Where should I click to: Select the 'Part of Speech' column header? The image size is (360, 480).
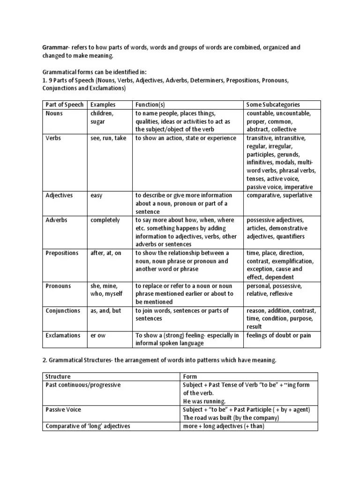pos(63,105)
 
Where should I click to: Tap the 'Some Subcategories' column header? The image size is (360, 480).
pos(273,105)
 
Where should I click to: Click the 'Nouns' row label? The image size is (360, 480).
pos(54,113)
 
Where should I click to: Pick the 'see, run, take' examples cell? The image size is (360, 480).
pos(108,138)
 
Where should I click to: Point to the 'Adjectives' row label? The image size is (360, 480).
pos(59,195)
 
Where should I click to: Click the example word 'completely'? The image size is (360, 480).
pos(105,220)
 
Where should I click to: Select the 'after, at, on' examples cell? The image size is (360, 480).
pos(105,253)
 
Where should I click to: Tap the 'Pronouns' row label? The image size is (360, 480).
pos(58,286)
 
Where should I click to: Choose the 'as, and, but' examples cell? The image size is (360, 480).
pos(105,311)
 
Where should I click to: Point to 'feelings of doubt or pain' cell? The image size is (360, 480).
pos(278,336)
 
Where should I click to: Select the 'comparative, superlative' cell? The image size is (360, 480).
pos(279,195)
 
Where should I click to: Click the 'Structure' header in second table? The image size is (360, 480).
pos(58,376)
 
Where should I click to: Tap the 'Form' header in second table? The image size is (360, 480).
pos(190,376)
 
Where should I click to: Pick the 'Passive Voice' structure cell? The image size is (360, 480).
pos(63,410)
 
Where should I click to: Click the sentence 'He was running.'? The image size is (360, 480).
pos(204,401)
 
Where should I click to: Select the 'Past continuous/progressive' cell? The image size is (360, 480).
pos(83,385)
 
